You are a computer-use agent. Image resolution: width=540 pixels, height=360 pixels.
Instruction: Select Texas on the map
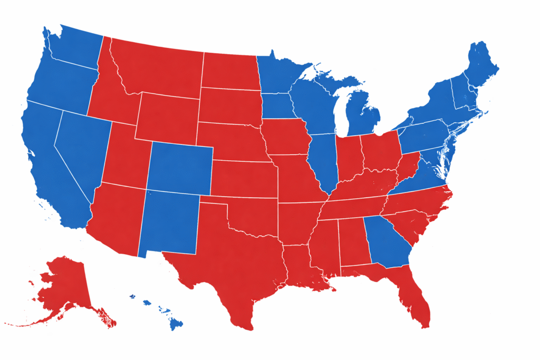232,264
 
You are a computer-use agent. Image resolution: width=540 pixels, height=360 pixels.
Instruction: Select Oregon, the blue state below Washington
61,84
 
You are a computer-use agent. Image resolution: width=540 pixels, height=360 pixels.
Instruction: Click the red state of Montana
158,69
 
